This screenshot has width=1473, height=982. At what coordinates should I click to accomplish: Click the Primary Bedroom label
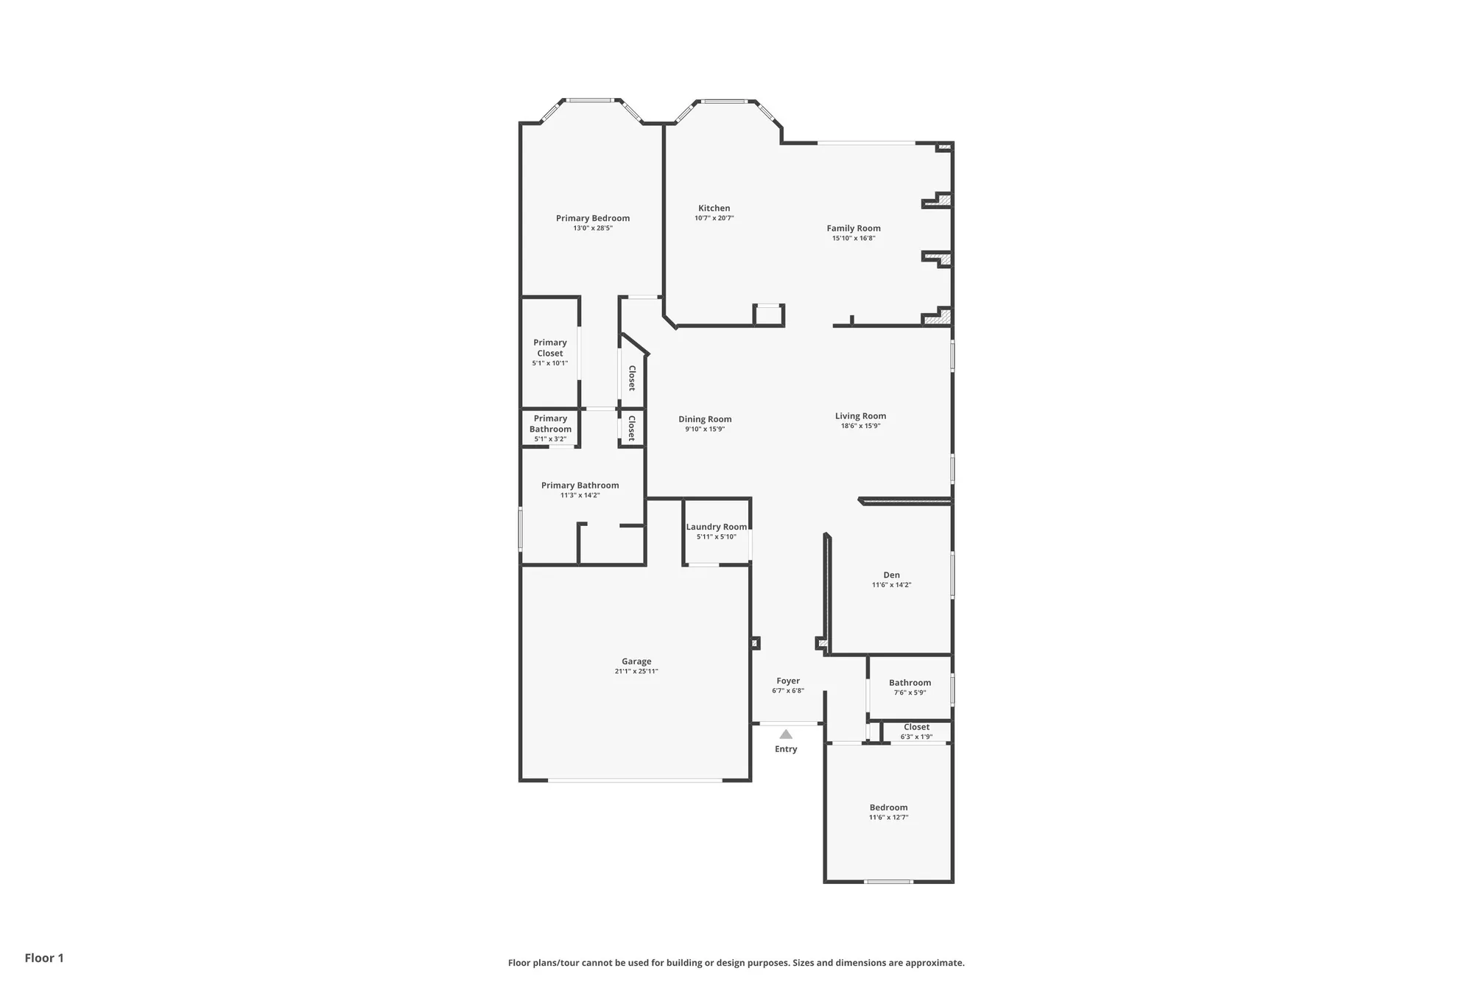(x=592, y=218)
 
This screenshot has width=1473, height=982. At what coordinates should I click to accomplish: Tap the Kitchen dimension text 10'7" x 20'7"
(x=714, y=218)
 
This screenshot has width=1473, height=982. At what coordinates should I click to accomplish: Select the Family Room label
(x=853, y=228)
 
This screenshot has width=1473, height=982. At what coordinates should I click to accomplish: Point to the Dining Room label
(x=705, y=419)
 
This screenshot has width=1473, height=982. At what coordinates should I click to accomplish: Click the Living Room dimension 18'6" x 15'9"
(x=860, y=426)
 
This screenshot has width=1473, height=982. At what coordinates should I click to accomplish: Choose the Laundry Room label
(x=716, y=527)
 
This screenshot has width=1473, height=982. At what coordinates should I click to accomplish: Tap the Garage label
(x=636, y=662)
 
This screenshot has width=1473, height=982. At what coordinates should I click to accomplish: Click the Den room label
(x=891, y=575)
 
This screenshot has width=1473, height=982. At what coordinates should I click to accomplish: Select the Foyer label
(x=787, y=681)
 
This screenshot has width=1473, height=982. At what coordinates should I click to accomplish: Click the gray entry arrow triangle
(x=786, y=734)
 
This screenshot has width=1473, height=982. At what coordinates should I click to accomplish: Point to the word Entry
(x=786, y=749)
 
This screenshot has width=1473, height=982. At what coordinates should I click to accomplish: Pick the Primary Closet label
(x=549, y=348)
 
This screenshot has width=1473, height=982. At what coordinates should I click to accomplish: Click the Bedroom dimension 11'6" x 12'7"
(x=888, y=818)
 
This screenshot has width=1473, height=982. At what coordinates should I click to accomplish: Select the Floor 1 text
(x=44, y=958)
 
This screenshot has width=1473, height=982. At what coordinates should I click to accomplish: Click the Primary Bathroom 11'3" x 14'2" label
(x=580, y=485)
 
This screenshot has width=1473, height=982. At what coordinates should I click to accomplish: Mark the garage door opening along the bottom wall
(x=635, y=780)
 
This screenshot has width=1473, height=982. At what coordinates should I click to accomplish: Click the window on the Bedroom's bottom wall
(x=888, y=881)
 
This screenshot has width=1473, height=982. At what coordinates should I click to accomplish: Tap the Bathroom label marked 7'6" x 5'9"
(x=910, y=683)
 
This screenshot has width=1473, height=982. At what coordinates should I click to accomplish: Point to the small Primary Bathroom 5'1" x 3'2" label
(x=550, y=424)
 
